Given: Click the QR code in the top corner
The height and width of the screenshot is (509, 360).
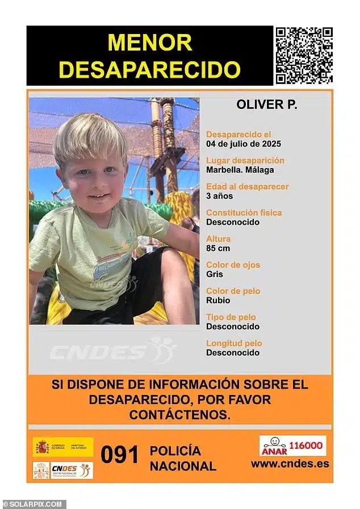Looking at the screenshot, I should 304,55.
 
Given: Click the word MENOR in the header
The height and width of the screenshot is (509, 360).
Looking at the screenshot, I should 150,43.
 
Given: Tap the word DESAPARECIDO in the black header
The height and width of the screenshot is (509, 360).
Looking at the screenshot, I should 150,70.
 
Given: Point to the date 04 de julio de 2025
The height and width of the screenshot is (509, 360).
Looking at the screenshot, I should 243,144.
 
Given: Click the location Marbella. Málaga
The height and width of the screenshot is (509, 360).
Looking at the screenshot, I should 240,170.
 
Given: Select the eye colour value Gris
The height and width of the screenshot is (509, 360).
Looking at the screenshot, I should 214,274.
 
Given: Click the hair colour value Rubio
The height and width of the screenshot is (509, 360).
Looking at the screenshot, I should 217,300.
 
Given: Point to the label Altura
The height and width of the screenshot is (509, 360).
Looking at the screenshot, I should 218,239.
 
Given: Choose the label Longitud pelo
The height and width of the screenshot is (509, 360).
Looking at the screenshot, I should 234,343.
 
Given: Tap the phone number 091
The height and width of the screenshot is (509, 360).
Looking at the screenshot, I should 120,455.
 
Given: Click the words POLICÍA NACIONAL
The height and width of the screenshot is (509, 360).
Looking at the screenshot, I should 182,458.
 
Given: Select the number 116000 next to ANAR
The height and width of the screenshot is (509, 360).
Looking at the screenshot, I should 308,446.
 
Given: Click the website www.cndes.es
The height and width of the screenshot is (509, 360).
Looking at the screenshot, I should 290,464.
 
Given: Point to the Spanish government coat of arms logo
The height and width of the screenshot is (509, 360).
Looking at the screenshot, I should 42,447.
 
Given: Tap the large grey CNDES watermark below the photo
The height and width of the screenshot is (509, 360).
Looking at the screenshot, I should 114,352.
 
